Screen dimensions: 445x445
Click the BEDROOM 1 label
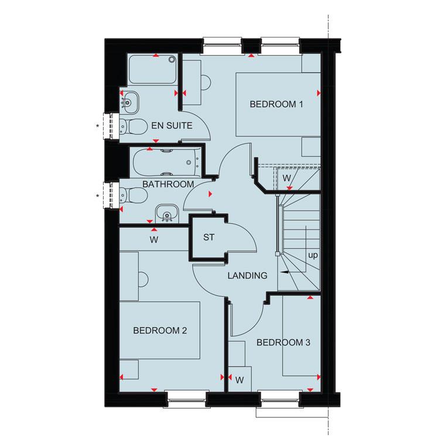[x=276, y=105]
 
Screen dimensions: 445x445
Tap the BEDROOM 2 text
[x=160, y=331]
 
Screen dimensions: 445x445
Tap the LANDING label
[x=248, y=275]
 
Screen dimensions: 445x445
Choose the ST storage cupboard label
[x=209, y=237]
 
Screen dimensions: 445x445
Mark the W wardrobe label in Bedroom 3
[x=239, y=379]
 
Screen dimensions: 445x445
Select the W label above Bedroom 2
[x=153, y=239]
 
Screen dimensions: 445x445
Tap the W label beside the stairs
[x=287, y=177]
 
